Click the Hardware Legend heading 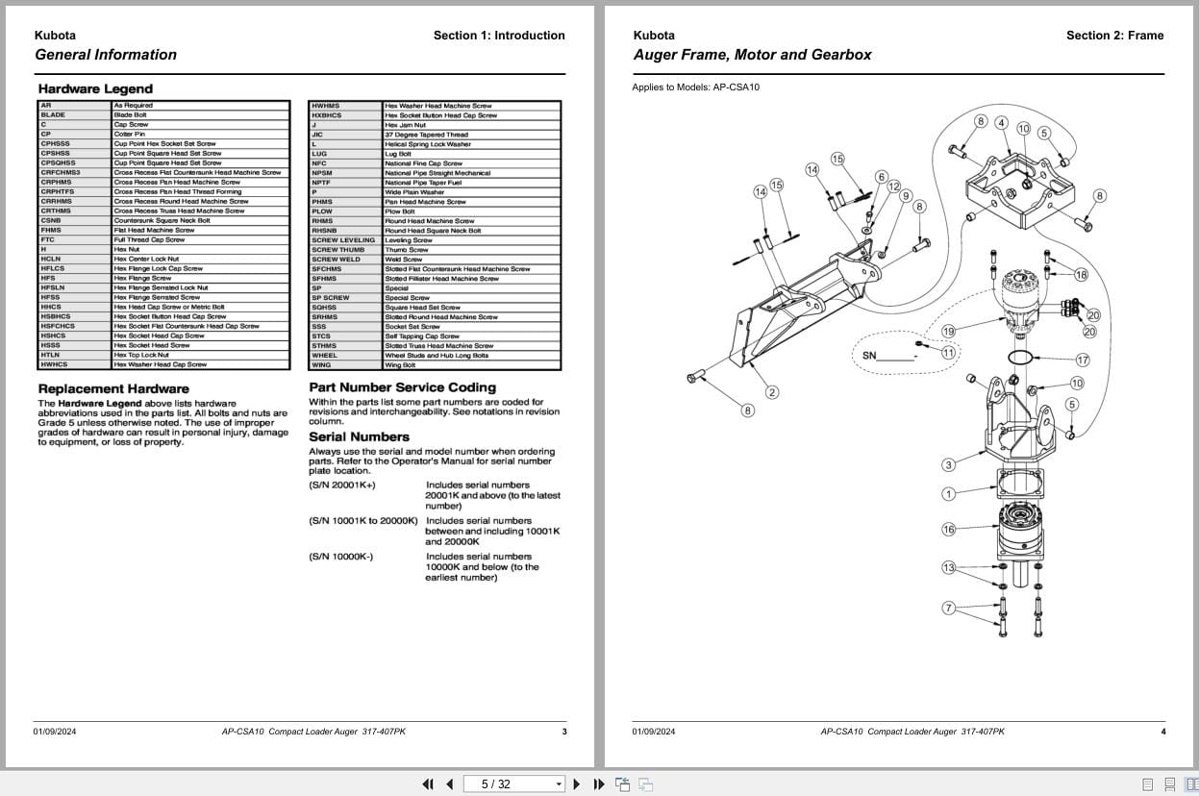click(x=95, y=88)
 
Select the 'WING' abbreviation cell click(x=321, y=364)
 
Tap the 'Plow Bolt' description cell click(x=398, y=211)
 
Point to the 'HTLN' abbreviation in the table click(x=51, y=355)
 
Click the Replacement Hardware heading click(x=113, y=388)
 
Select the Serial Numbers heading click(x=359, y=436)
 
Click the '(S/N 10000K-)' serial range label click(x=341, y=557)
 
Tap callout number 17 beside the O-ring click(x=1083, y=361)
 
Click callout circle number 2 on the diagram click(x=772, y=392)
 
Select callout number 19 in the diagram click(x=948, y=332)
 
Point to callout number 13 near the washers click(x=948, y=567)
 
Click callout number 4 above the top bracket click(x=1001, y=123)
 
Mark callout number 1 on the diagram click(x=948, y=494)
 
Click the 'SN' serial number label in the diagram click(x=869, y=356)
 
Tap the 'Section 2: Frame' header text click(x=1114, y=36)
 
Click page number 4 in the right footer click(x=1162, y=732)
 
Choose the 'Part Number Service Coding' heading click(x=402, y=387)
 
